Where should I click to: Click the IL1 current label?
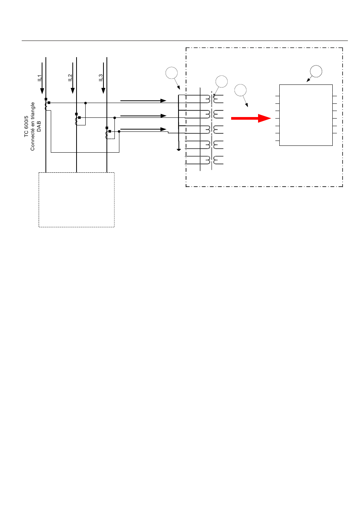[39, 78]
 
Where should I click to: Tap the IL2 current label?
[70, 78]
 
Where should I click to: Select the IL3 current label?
[100, 78]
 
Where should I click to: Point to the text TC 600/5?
[26, 127]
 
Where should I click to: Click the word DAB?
[39, 126]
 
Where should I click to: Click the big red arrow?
[251, 119]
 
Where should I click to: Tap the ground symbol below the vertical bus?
[178, 150]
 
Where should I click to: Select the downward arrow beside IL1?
[42, 78]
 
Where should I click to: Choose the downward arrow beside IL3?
[103, 78]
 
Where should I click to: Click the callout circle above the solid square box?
[316, 71]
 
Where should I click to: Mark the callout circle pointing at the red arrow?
[240, 90]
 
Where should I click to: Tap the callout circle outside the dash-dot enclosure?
[171, 73]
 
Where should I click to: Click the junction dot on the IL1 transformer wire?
[85, 103]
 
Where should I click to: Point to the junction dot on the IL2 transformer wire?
[114, 118]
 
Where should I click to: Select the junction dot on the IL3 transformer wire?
[119, 132]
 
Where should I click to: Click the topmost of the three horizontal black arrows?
[143, 101]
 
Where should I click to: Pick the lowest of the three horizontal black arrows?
[143, 129]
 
